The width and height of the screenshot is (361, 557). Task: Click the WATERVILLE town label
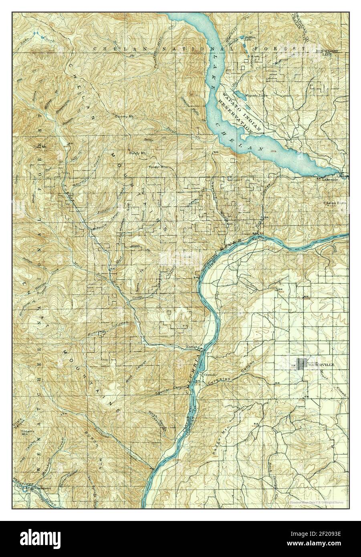coord(321,365)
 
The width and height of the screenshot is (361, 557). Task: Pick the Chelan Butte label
coord(336,203)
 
